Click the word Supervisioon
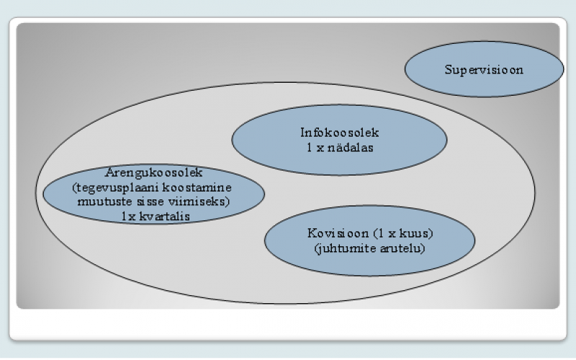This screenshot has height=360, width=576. coord(484,70)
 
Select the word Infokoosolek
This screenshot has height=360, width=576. coord(339,132)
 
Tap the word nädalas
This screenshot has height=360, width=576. coord(351,148)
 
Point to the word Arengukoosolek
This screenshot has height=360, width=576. coord(154,173)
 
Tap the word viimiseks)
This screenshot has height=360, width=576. coord(199,202)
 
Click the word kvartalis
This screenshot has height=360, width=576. coord(165,216)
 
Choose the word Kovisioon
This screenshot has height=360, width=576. coord(338,233)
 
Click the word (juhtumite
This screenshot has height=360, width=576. coord(346,248)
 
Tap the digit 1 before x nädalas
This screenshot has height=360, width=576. coord(310,148)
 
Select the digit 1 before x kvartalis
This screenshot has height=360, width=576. coord(124,216)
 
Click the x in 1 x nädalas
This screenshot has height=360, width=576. coord(320,148)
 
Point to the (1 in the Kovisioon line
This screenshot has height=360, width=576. coord(377,233)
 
